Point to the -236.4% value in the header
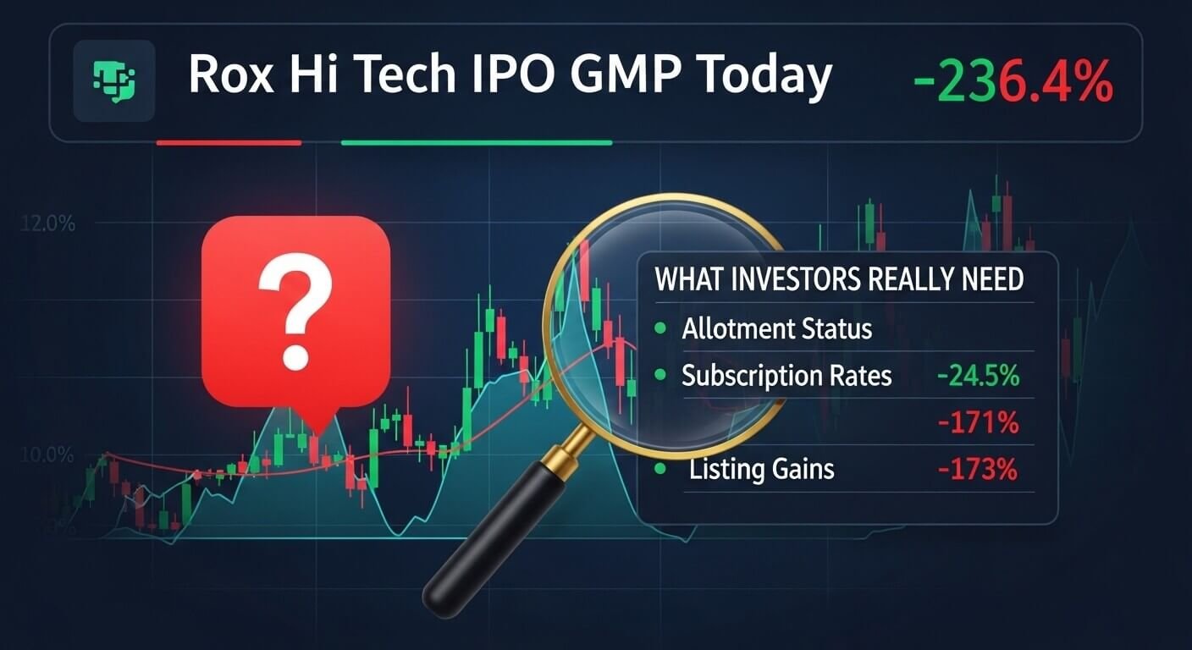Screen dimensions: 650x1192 [1013, 81]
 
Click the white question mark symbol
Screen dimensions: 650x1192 [295, 313]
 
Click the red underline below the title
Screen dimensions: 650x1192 [229, 143]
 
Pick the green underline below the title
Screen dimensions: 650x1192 [476, 143]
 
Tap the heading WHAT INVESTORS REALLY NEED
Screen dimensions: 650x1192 [839, 280]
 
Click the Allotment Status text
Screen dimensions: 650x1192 [776, 328]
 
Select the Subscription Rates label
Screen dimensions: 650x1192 [786, 375]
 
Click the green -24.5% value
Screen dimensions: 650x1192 [978, 375]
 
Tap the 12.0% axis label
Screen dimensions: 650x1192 [44, 225]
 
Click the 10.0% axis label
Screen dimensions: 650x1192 [44, 455]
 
